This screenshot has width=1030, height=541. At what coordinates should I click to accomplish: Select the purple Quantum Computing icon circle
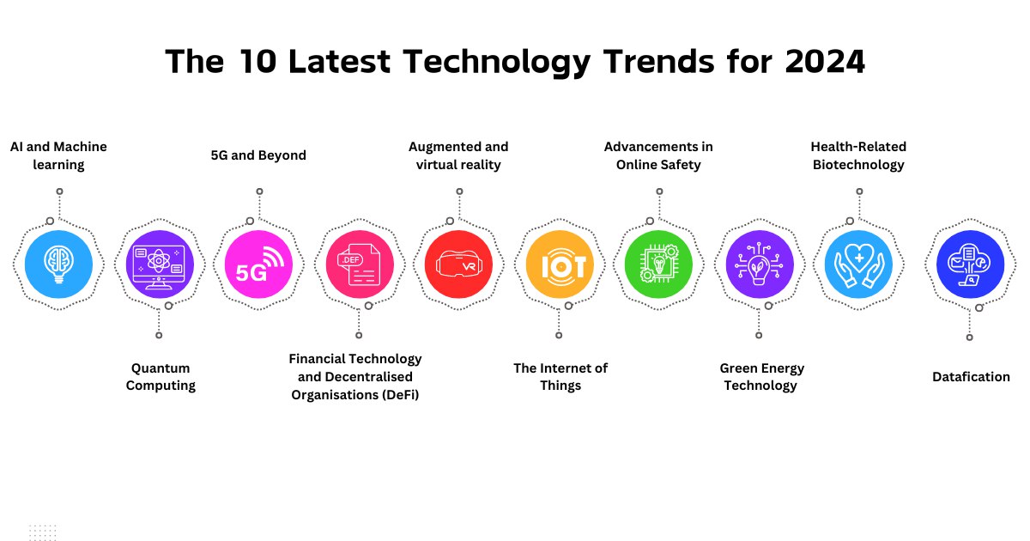pos(160,263)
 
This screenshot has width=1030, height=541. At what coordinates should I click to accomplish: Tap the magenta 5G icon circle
pos(258,263)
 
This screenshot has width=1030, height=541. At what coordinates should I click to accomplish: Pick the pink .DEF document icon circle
pos(359,263)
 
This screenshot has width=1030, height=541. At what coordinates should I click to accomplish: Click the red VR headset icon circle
pos(458,263)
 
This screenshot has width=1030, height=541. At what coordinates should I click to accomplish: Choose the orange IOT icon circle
pos(559,263)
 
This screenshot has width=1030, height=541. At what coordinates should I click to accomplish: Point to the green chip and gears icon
pos(658,263)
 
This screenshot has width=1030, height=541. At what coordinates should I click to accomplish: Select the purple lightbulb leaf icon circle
pos(759,263)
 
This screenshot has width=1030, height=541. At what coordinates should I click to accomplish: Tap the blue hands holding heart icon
pos(858,263)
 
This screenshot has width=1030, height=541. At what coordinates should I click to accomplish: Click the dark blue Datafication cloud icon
pos(971,263)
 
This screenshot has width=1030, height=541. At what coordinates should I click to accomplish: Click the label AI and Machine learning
pos(58,155)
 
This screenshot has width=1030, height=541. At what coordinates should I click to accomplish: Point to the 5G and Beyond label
pos(258,155)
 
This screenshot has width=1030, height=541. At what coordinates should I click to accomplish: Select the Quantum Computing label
pos(161,377)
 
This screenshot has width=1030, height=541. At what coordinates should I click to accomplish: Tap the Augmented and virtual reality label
pos(458,155)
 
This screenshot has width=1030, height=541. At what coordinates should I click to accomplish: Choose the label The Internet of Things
pos(560,377)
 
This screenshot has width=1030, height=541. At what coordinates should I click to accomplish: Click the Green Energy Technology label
pos(761,377)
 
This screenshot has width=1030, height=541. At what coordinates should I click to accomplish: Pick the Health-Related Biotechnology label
pos(858,155)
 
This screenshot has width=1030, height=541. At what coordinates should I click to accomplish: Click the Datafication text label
pos(971,377)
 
